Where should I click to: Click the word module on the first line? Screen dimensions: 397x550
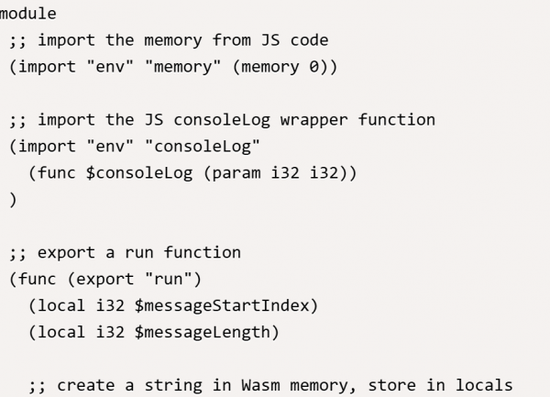(x=27, y=14)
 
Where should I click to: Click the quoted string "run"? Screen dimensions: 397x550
(x=159, y=279)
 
